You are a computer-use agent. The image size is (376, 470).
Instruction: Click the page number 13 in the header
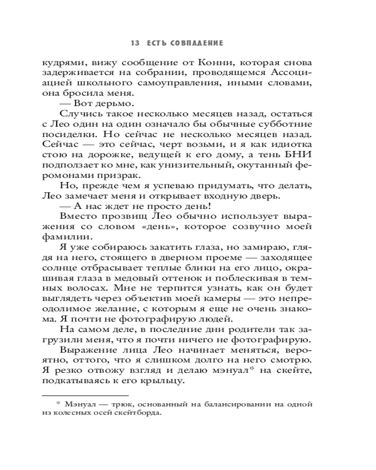tap(135, 43)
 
